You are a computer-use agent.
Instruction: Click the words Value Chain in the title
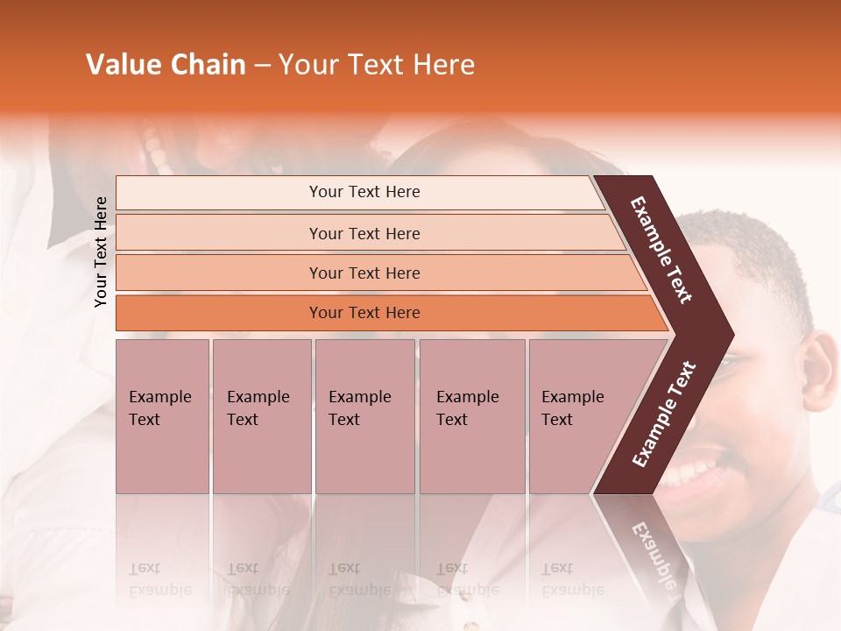coord(166,65)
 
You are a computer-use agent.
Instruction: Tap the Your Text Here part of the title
coord(377,65)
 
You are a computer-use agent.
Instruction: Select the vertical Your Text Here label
coord(101,252)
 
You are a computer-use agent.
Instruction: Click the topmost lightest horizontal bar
coord(364,192)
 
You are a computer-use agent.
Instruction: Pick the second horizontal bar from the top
coord(364,233)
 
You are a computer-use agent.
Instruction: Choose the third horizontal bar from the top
coord(364,273)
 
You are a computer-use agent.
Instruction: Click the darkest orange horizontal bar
coord(364,313)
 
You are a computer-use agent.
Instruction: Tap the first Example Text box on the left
coord(162,415)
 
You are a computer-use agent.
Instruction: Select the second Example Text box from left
coord(261,415)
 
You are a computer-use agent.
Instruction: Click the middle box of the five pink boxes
coord(364,415)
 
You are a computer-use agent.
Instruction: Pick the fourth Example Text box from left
coord(471,415)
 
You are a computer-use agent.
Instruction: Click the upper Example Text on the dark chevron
coord(662,250)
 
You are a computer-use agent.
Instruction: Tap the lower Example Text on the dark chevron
coord(664,414)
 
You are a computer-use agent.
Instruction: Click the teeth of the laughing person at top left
coord(155,149)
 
